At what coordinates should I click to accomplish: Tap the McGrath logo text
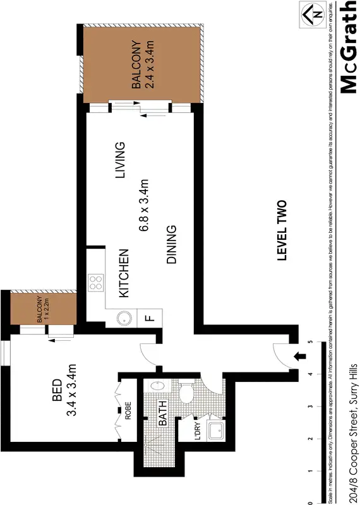pos(348,48)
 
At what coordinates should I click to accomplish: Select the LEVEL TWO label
pos(282,230)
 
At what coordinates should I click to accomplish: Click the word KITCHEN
pos(124,273)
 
